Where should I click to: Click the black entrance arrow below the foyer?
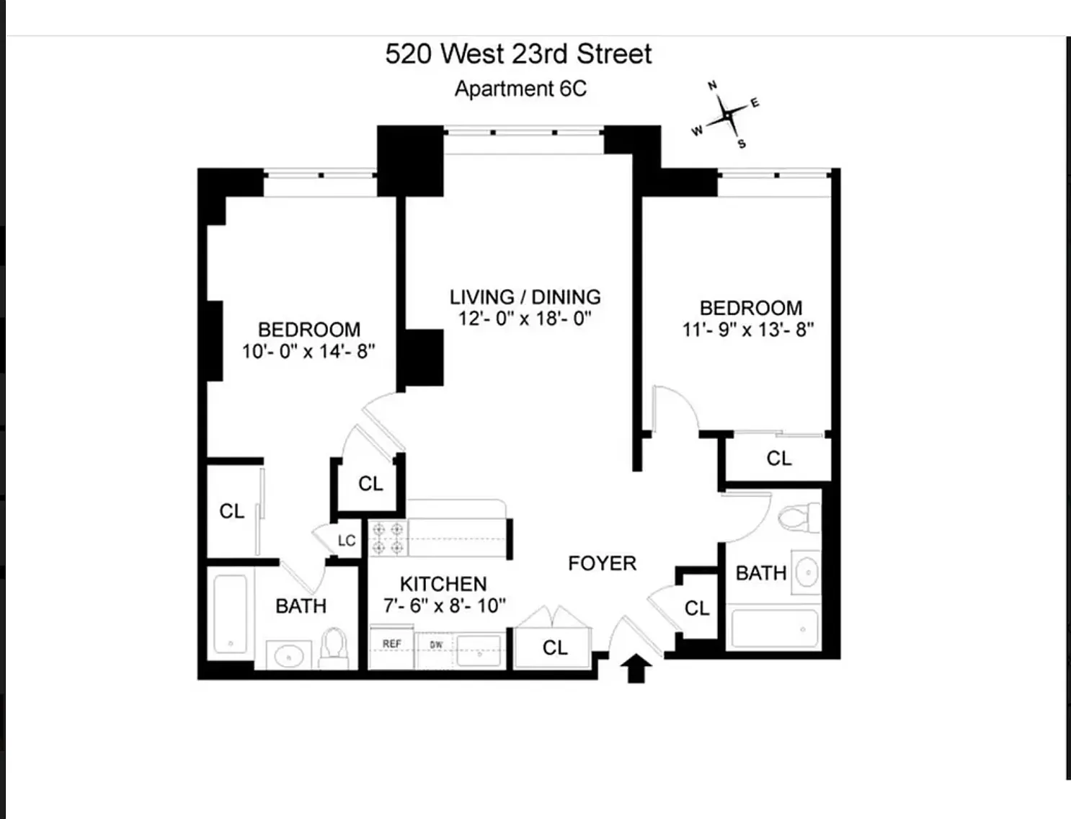[636, 668]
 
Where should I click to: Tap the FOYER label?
[602, 564]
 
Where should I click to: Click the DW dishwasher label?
[436, 645]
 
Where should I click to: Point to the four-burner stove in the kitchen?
[388, 539]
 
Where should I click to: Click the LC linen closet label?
[347, 540]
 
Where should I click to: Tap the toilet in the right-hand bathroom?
[799, 518]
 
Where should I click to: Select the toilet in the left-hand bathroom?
[333, 647]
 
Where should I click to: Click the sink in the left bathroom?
[289, 655]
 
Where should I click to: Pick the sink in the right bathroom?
[806, 572]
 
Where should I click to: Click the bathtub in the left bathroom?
[231, 614]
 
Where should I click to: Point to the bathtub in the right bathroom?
[775, 629]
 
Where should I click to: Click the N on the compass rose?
[712, 86]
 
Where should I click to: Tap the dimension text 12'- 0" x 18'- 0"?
[525, 319]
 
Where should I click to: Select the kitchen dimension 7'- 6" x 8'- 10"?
[445, 606]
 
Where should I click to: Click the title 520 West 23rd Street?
[518, 53]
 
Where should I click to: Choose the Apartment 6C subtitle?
[520, 89]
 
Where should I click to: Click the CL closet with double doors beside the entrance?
[555, 647]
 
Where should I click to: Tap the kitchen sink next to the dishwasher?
[479, 651]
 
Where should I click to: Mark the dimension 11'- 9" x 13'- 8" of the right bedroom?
[748, 330]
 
